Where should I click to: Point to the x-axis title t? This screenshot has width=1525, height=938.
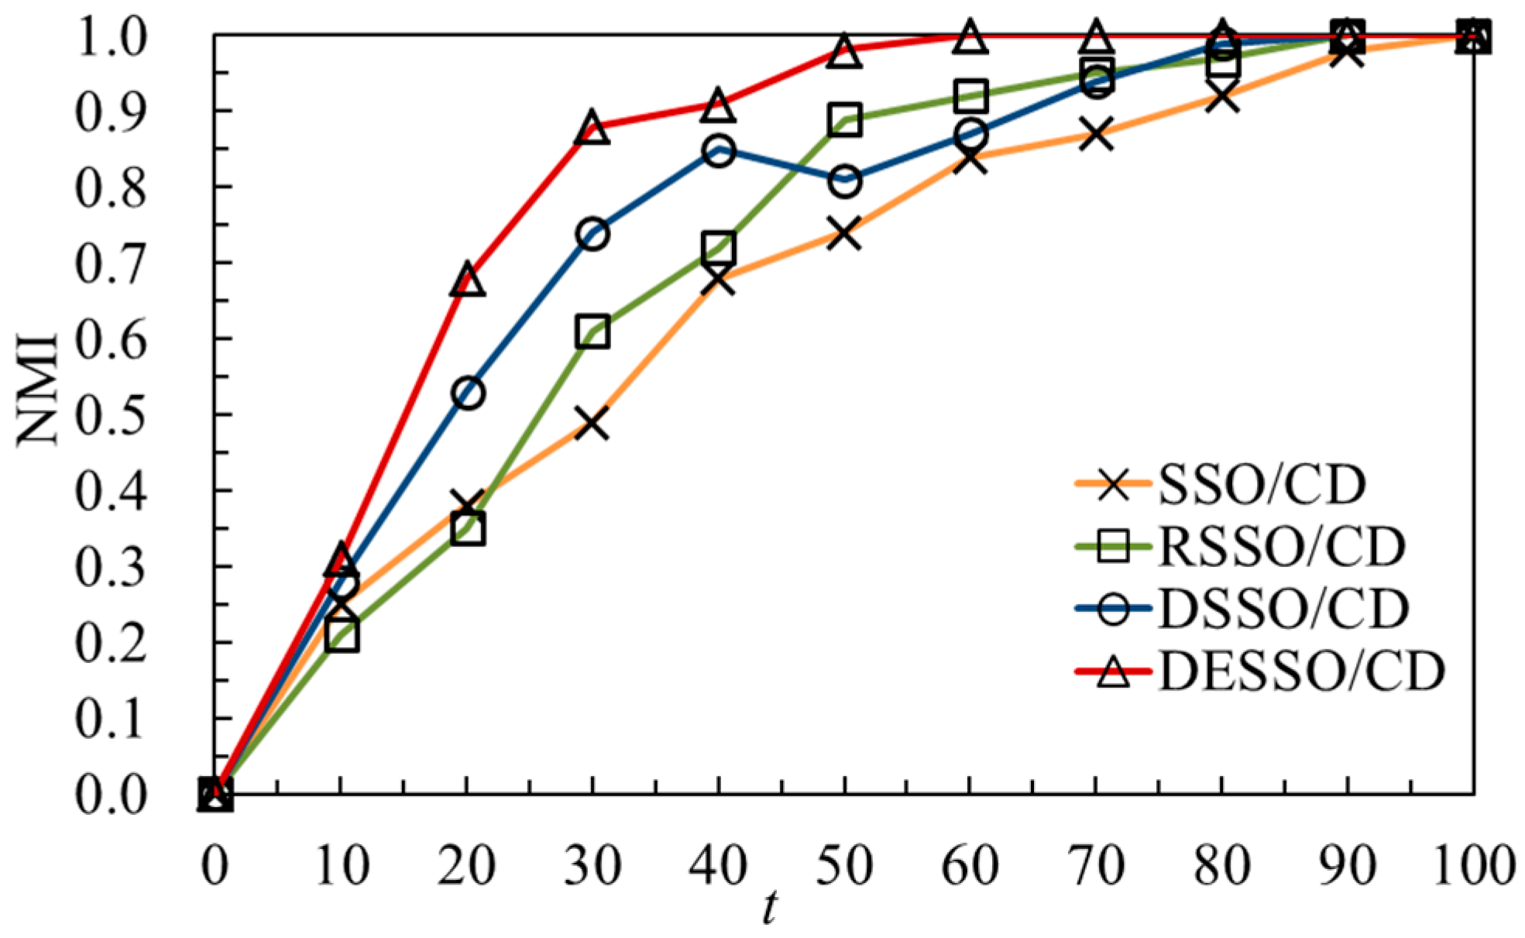click(768, 906)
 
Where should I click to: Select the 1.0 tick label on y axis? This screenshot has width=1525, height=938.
click(110, 37)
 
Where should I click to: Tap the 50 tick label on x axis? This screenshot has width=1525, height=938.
click(844, 865)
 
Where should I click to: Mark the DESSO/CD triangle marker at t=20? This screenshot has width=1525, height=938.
click(467, 280)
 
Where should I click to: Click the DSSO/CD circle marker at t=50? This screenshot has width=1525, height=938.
click(844, 182)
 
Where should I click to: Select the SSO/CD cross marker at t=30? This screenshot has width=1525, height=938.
click(592, 424)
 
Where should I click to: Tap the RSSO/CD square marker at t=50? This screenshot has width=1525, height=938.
click(844, 120)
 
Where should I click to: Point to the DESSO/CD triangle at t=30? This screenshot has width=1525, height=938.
click(592, 128)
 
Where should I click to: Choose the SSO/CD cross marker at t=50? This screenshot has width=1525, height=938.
click(844, 233)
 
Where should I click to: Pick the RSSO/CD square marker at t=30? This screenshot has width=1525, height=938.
click(592, 332)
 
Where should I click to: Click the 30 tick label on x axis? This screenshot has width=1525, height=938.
click(592, 865)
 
